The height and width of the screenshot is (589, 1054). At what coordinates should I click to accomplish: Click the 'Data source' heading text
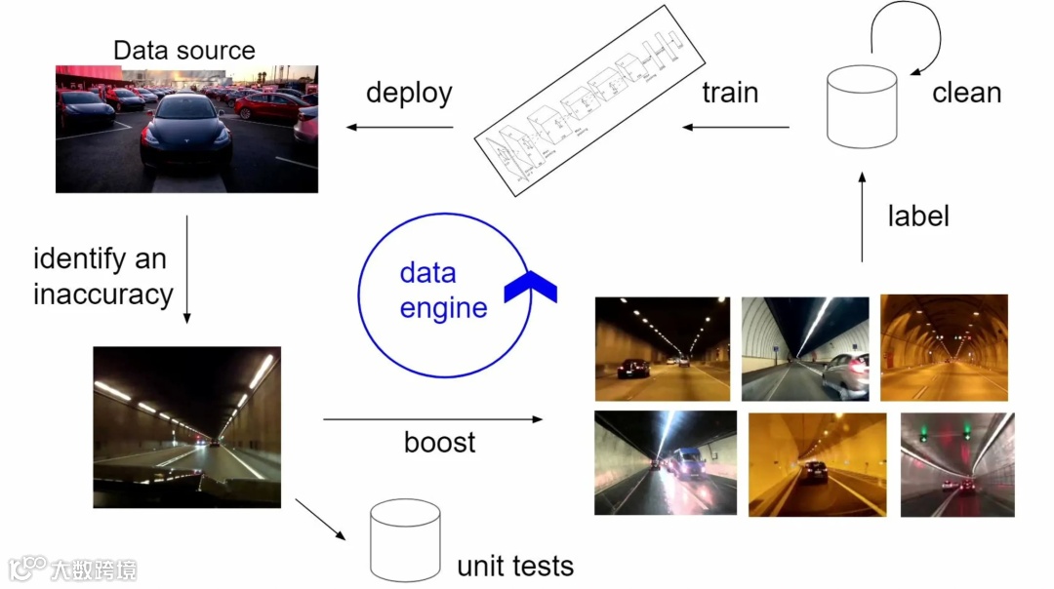click(184, 51)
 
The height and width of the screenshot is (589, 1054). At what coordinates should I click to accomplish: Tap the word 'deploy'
click(409, 94)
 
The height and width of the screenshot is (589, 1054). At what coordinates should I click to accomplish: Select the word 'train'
click(730, 94)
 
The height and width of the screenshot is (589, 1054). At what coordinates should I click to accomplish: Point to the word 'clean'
click(966, 94)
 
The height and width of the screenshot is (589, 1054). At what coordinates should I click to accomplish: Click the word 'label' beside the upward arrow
click(917, 216)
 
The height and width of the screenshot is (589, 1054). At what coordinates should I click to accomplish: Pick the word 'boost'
click(439, 442)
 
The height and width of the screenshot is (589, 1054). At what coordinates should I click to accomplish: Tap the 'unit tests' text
click(515, 566)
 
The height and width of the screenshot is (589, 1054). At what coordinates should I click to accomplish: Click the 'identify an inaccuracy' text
click(103, 276)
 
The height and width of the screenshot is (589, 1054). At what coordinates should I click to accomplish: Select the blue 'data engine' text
click(443, 291)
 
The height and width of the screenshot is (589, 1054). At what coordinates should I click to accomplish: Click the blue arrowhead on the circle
click(530, 285)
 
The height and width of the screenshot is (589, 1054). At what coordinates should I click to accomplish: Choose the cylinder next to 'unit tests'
click(405, 542)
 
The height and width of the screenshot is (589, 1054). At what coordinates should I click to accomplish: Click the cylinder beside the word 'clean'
click(862, 106)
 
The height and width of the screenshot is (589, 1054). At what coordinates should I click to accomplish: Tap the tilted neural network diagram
click(588, 104)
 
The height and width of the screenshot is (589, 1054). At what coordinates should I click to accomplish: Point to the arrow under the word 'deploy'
click(400, 127)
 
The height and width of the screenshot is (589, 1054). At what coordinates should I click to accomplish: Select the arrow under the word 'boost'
click(432, 419)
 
